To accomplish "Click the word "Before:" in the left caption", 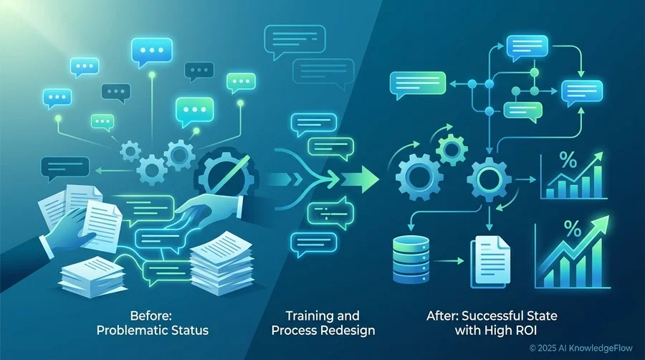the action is pos(151,316).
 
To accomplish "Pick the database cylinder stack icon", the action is pos(411,260).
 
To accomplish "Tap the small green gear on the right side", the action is pos(451,150).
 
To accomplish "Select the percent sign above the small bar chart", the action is pos(568,160).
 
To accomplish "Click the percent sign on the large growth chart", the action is pos(573,229).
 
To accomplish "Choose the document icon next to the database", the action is pos(490,261).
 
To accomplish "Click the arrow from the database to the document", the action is pos(448,261).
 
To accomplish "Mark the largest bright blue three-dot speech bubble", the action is pos(152,52).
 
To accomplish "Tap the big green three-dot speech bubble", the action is pos(194,111).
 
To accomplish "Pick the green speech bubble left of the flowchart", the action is pos(418,85).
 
